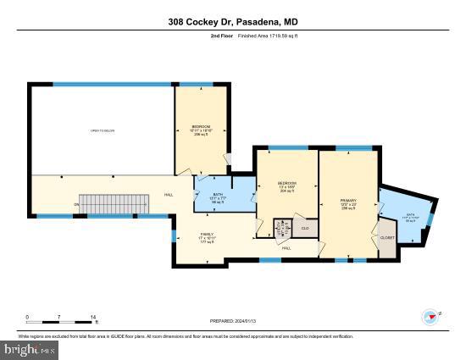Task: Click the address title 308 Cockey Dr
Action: pyautogui.click(x=233, y=22)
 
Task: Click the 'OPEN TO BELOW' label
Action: pyautogui.click(x=102, y=131)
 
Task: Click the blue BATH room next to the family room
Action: pyautogui.click(x=218, y=200)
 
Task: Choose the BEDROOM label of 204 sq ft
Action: pyautogui.click(x=288, y=187)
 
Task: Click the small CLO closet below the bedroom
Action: pyautogui.click(x=304, y=229)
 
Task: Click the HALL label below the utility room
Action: pyautogui.click(x=286, y=247)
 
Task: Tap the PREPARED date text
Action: pyautogui.click(x=233, y=321)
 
